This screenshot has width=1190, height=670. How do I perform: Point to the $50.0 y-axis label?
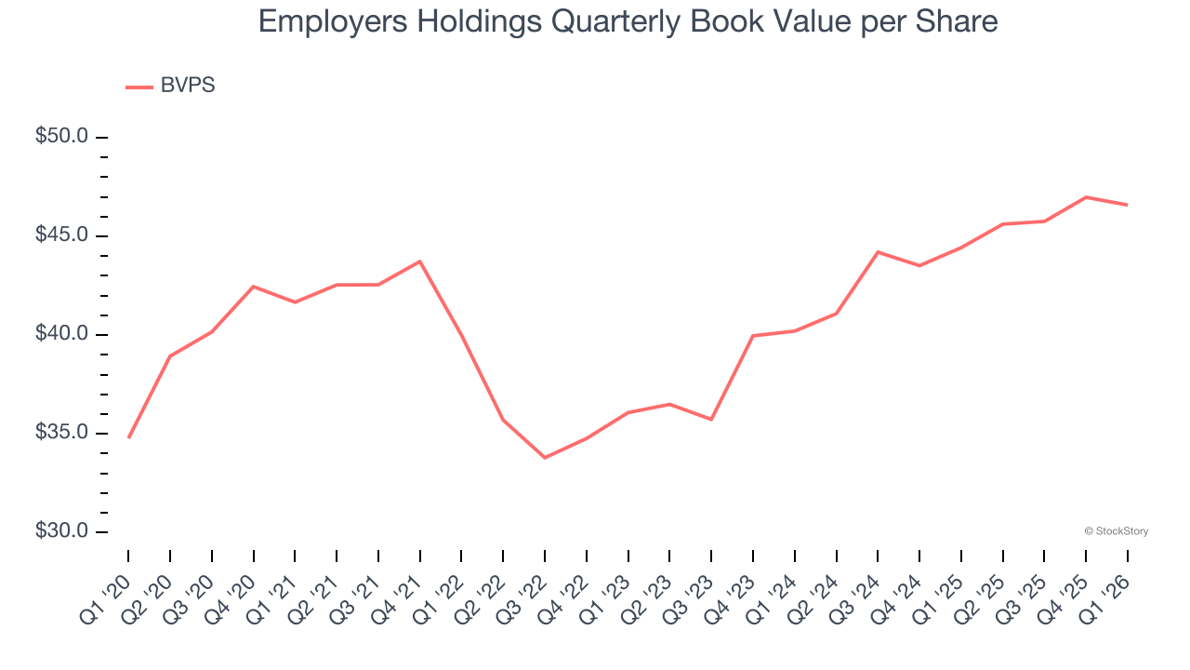click(x=61, y=137)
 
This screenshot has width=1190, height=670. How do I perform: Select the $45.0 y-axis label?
click(x=61, y=235)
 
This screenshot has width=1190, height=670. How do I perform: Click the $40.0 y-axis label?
click(x=61, y=334)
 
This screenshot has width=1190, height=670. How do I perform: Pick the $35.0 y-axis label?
click(x=61, y=433)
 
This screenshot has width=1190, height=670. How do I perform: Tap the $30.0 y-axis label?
click(x=61, y=531)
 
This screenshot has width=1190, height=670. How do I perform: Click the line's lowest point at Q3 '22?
click(x=545, y=458)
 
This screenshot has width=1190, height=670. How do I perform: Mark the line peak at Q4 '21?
click(x=420, y=261)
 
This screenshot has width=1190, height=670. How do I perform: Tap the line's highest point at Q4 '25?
click(x=1086, y=197)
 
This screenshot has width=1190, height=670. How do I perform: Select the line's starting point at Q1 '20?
click(x=128, y=437)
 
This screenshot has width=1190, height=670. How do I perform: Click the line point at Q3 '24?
click(x=878, y=252)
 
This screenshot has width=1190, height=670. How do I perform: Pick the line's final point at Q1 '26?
click(x=1128, y=205)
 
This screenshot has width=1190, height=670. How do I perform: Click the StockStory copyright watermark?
click(x=1117, y=531)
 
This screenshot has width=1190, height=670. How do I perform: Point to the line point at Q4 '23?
click(x=753, y=335)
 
